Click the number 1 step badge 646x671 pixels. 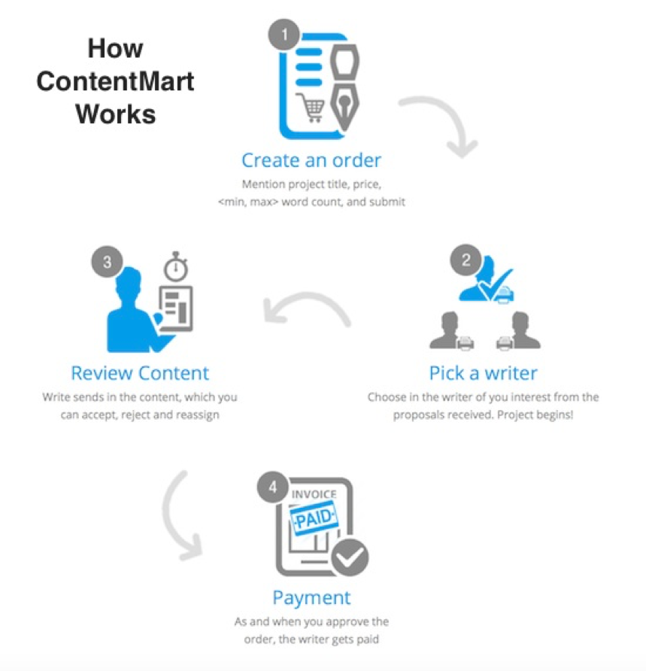click(x=284, y=35)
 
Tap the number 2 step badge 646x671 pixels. click(x=466, y=261)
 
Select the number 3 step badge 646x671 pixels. click(x=107, y=263)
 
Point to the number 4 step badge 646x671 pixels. click(x=272, y=487)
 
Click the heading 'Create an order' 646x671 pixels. click(x=311, y=160)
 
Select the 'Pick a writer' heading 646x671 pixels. click(x=483, y=372)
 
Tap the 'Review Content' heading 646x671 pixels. click(x=140, y=372)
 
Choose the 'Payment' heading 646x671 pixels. click(x=311, y=598)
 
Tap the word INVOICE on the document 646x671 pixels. click(x=314, y=494)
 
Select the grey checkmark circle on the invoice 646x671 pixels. click(x=351, y=557)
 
